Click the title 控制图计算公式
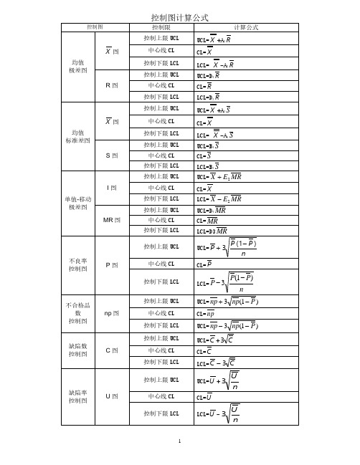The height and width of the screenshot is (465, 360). tap(180, 16)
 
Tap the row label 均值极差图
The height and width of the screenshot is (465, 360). tap(78, 67)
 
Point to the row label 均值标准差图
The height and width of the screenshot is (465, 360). tap(78, 135)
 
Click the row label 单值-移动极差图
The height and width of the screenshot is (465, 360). tap(78, 202)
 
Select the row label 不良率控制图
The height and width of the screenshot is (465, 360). tap(78, 264)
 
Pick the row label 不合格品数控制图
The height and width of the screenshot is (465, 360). tap(78, 313)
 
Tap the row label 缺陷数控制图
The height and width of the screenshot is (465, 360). tap(78, 350)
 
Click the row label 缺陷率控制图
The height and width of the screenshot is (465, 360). tap(78, 396)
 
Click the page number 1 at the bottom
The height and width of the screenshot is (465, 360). tap(180, 444)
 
